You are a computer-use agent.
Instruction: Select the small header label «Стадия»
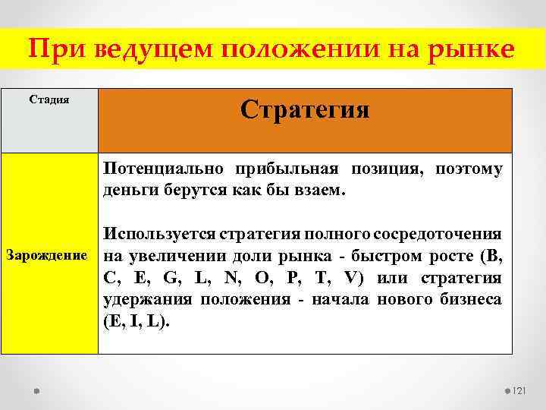tap(49, 99)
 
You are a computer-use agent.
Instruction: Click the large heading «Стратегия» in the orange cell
tap(305, 110)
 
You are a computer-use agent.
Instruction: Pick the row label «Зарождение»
tap(49, 254)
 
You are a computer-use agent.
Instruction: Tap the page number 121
tap(519, 390)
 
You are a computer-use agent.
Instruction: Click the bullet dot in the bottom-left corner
tap(36, 390)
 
